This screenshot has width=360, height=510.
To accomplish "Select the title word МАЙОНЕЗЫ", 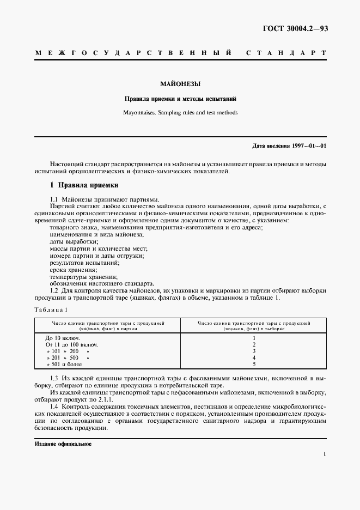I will [180, 84].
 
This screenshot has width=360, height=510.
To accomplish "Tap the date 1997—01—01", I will [307, 146].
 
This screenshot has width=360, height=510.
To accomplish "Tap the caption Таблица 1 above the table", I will [51, 309].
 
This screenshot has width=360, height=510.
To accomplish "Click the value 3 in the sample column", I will [254, 351].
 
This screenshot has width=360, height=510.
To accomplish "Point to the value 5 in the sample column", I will [254, 365].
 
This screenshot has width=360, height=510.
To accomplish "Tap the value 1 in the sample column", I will [254, 338].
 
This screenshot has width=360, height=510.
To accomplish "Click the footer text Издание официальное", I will [63, 444].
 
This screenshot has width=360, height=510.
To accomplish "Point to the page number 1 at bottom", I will [324, 454].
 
